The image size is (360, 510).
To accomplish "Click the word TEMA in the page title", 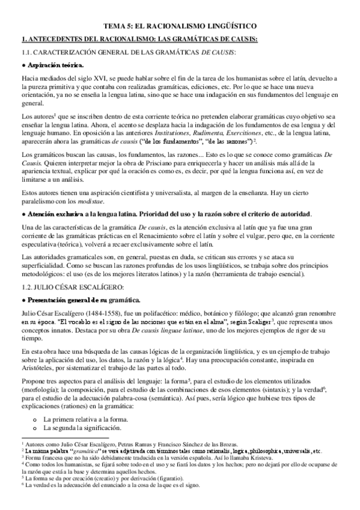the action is tap(115, 26).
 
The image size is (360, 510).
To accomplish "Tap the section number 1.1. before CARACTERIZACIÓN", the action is tap(28, 53).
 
